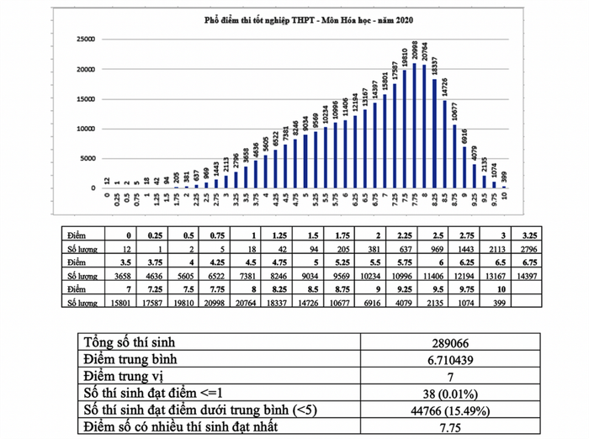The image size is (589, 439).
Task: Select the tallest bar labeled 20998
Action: (416, 126)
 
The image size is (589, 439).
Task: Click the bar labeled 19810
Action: (406, 130)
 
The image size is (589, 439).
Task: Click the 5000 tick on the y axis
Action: (84, 159)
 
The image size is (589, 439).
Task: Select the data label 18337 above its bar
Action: (435, 63)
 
